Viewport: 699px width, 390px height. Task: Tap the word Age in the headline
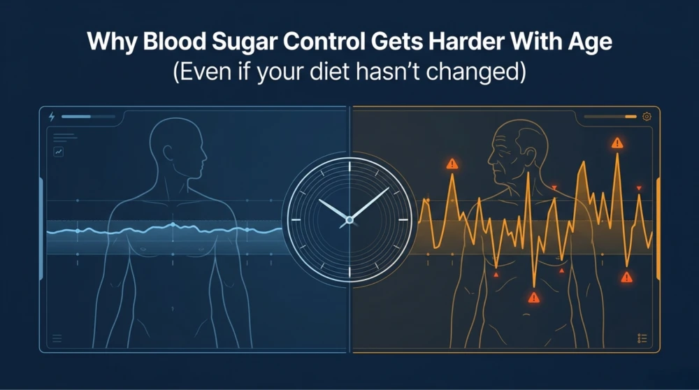point(589,43)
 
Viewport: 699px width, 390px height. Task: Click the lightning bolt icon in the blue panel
point(52,117)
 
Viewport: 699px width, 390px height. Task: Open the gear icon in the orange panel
point(647,117)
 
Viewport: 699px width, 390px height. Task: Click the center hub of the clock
point(349,220)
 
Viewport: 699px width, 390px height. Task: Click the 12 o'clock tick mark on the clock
point(349,166)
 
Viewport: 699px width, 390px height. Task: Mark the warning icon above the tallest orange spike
point(617,143)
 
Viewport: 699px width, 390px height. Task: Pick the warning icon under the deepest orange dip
point(534,298)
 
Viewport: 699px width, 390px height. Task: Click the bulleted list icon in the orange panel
point(642,338)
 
